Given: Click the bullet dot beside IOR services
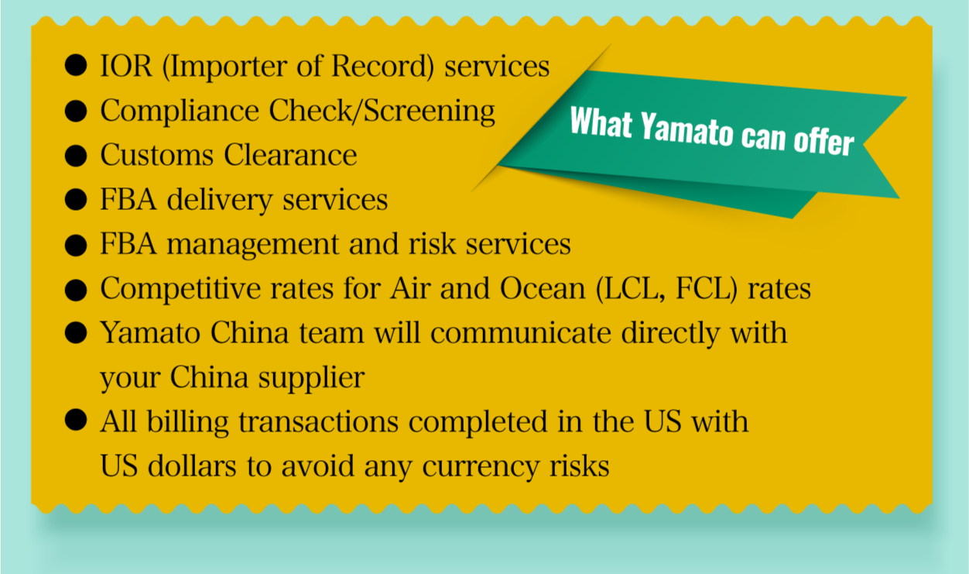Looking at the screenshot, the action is pos(76,65).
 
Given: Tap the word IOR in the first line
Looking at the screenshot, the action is pos(126,67).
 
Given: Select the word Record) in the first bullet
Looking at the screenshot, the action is pos(382,67).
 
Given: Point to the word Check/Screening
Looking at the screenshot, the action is pos(382,112).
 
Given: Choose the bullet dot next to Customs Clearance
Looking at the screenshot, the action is pos(76,156).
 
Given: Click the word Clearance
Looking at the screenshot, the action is pos(290,155).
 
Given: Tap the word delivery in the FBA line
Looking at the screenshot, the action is pos(219,201).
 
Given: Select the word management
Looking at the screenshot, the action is pos(253,245).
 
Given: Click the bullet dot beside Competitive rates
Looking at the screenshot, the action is pos(76,290).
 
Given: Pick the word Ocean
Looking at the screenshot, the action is pos(543,289).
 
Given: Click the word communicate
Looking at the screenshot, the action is pos(521,333).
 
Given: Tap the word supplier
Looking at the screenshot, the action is pos(311,378).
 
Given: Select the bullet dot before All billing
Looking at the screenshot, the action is pos(76,420).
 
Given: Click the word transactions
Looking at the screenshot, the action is pos(318,422).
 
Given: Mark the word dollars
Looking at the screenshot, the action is pos(192,466).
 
